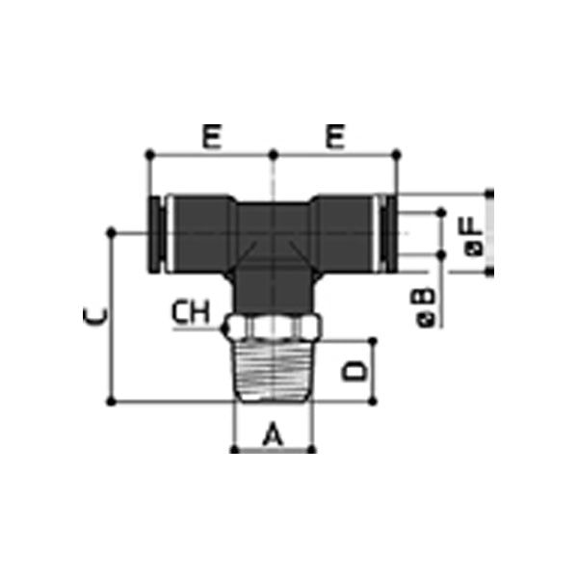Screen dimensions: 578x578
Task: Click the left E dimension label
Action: (x=211, y=138)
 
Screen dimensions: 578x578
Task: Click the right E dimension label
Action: (x=335, y=138)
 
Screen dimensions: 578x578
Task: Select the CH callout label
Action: (x=191, y=311)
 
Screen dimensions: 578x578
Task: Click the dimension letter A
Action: (x=274, y=435)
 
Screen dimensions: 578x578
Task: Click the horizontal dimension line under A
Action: (x=274, y=449)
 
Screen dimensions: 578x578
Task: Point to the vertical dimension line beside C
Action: (x=114, y=318)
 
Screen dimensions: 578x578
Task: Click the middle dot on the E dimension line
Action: (x=274, y=153)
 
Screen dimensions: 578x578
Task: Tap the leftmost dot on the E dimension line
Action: (x=149, y=153)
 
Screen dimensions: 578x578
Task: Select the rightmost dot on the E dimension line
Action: (x=397, y=153)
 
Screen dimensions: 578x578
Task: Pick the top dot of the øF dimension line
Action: (x=490, y=193)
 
